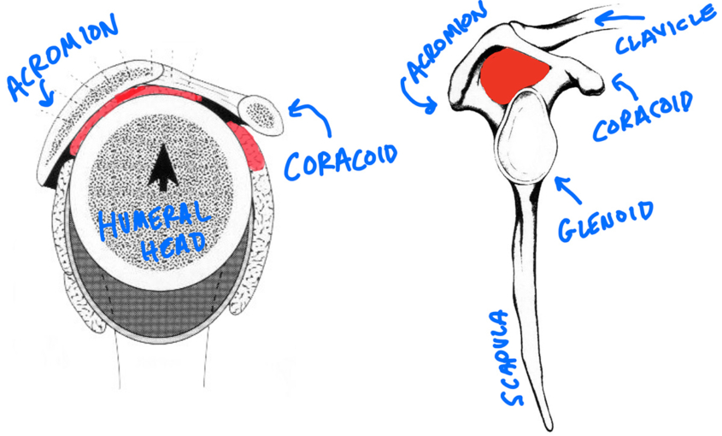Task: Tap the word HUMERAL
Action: point(154,218)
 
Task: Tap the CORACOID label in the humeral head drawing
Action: point(342,164)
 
